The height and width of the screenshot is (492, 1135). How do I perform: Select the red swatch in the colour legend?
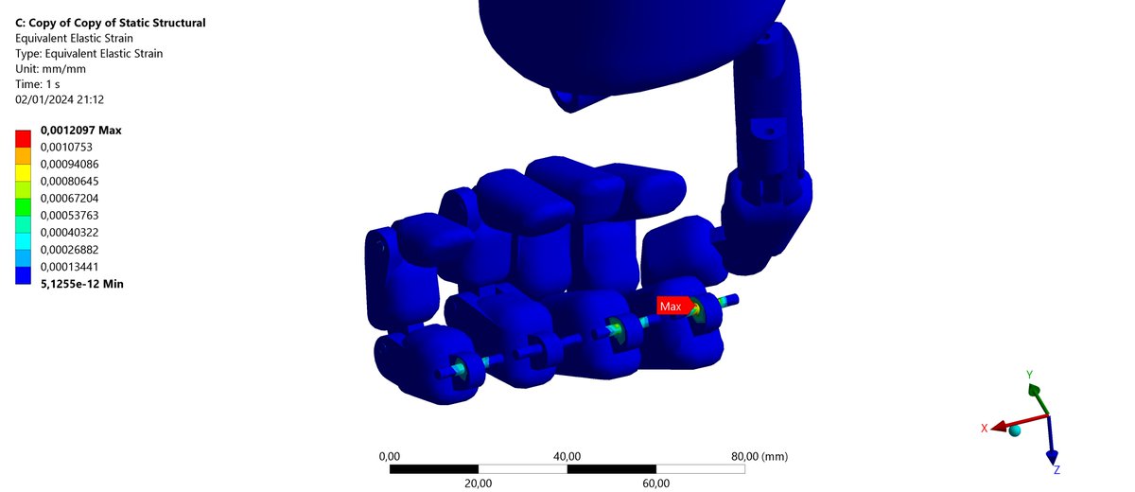[23, 138]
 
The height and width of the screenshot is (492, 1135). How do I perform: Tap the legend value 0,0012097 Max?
[81, 131]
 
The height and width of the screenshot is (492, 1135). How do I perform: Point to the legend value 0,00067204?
[69, 198]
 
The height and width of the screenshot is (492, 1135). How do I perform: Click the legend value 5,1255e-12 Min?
[82, 284]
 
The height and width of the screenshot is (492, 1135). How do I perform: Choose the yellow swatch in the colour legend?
[23, 173]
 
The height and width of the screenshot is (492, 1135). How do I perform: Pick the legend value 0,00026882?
[69, 250]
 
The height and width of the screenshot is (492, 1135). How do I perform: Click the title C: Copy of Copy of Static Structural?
[111, 23]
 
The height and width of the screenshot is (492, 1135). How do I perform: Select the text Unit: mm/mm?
[50, 69]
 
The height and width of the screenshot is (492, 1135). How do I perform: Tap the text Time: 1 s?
[38, 84]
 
